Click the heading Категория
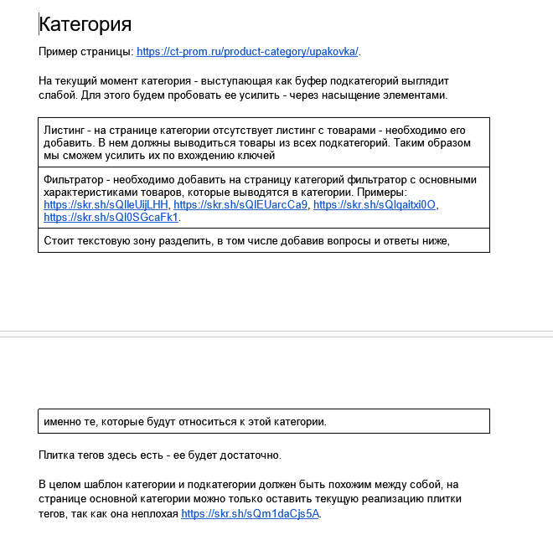coord(85,23)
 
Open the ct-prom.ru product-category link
coord(247,52)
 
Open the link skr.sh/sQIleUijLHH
coord(106,204)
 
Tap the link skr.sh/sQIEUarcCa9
coord(240,204)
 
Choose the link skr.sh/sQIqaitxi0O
coord(375,204)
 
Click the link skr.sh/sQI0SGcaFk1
coord(111,217)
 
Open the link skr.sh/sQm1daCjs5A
coord(250,514)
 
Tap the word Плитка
coord(59,455)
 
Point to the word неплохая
coord(153,514)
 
